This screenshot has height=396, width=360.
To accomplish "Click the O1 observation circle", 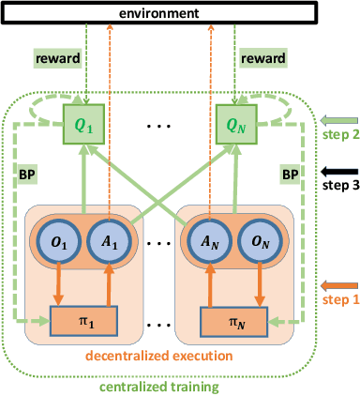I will point(55,240).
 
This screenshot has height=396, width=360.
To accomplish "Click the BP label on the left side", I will point(29,175).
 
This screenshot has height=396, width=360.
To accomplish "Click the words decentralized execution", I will point(159,356).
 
